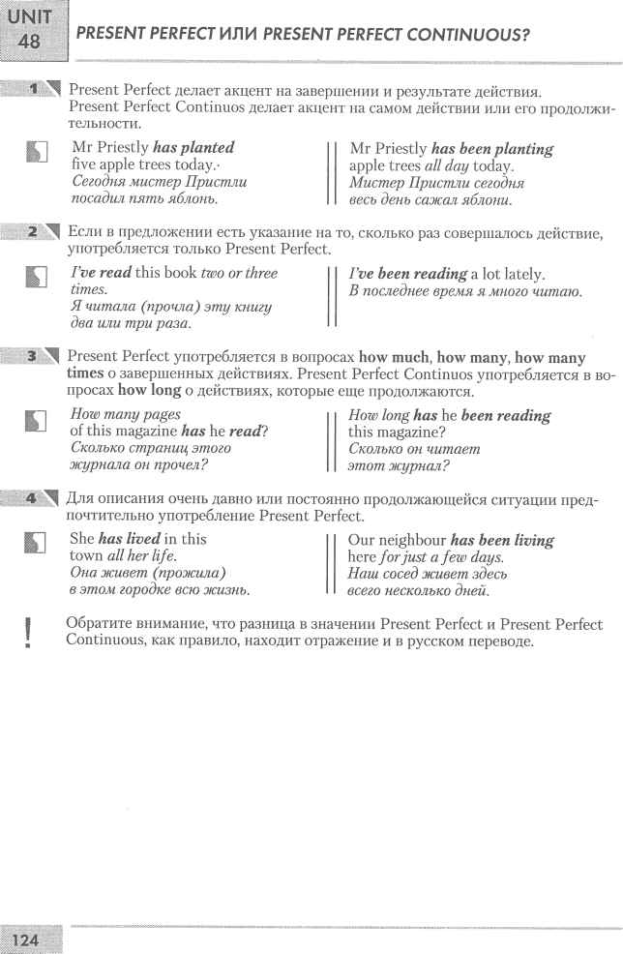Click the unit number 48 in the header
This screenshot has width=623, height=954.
tap(30, 43)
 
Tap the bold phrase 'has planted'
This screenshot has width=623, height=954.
tap(194, 148)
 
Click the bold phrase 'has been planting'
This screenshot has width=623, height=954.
tap(492, 149)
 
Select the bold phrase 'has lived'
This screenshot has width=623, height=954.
tap(130, 538)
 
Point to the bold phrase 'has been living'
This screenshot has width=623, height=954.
tap(502, 539)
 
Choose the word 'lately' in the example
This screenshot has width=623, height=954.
tap(520, 274)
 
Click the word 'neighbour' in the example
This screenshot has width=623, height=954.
tap(410, 539)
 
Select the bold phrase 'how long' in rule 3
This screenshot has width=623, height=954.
tap(150, 392)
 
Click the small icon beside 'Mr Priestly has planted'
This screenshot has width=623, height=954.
tap(35, 149)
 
